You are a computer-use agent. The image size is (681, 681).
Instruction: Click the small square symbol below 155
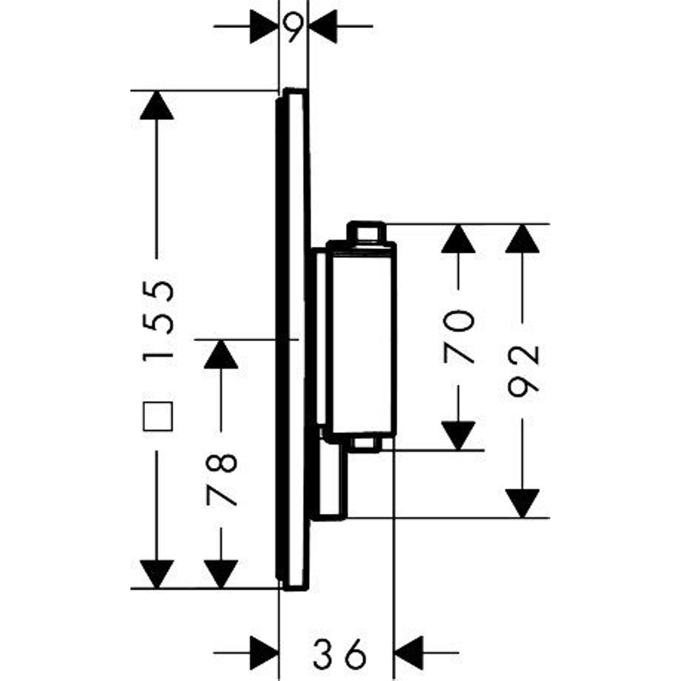tap(158, 416)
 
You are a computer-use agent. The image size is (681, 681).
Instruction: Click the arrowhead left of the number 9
tap(264, 27)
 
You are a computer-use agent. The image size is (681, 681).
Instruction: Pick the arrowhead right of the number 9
tap(323, 27)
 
